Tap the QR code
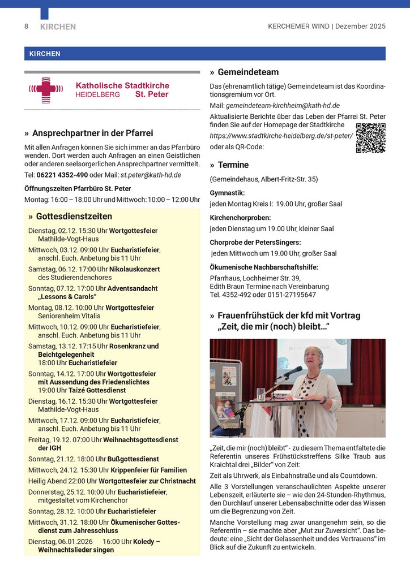click(x=370, y=138)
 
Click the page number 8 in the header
click(x=26, y=26)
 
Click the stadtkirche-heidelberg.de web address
click(x=281, y=136)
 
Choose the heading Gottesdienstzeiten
click(x=74, y=217)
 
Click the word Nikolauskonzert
click(x=135, y=269)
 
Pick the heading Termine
click(x=233, y=165)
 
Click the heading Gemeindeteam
click(x=248, y=72)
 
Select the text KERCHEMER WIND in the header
click(x=298, y=26)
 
